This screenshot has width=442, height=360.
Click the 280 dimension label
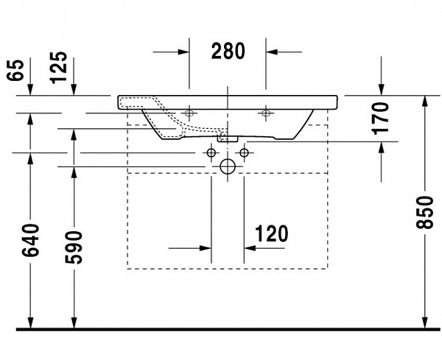tap(228, 51)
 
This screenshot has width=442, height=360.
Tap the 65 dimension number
tap(17, 70)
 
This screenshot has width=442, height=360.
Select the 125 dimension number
tap(59, 66)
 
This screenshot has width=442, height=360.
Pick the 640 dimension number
tap(30, 239)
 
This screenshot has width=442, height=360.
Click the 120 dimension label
tap(271, 234)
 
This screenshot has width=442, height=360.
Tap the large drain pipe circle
tap(228, 167)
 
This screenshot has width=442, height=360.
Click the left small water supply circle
tap(211, 152)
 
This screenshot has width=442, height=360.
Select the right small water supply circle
tap(244, 152)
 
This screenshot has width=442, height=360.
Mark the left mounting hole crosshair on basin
tap(189, 113)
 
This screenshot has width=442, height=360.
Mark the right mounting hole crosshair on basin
tap(265, 113)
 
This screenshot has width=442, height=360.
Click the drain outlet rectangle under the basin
tap(228, 137)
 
